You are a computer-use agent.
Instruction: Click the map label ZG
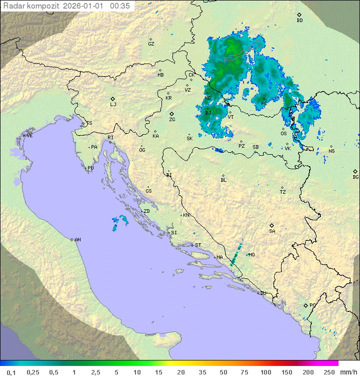click(x=172, y=120)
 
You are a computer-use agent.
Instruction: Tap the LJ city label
click(x=113, y=104)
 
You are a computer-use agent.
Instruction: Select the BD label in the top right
click(x=299, y=21)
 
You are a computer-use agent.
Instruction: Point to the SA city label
click(x=272, y=231)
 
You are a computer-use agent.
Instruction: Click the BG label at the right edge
click(x=355, y=177)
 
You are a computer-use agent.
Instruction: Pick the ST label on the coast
click(x=198, y=245)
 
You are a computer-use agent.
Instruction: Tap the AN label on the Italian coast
click(x=77, y=240)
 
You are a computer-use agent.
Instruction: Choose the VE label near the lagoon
click(x=29, y=136)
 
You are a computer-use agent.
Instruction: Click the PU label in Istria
click(x=90, y=168)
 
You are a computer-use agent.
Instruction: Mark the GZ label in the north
click(x=151, y=44)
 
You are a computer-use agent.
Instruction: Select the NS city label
click(x=331, y=151)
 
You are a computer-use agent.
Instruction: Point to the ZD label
click(x=146, y=211)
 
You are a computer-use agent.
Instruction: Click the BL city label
click(x=223, y=180)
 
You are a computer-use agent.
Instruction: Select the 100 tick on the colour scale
click(x=265, y=372)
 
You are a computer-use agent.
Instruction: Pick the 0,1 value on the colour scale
click(x=11, y=372)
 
